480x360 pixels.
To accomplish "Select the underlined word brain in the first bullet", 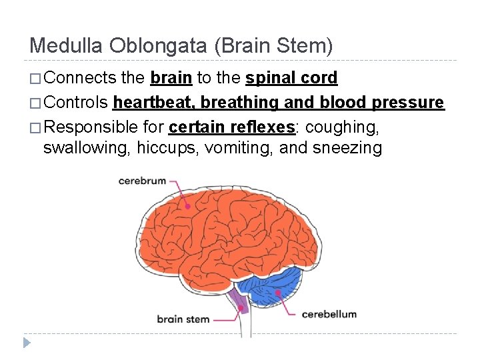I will click(171, 78).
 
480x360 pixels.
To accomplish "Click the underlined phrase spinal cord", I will click(291, 78).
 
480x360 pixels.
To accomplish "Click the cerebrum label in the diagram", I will click(142, 181).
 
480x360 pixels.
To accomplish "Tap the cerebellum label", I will click(329, 313).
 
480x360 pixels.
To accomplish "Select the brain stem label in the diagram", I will click(183, 319).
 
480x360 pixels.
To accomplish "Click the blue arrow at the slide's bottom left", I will click(27, 343).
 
